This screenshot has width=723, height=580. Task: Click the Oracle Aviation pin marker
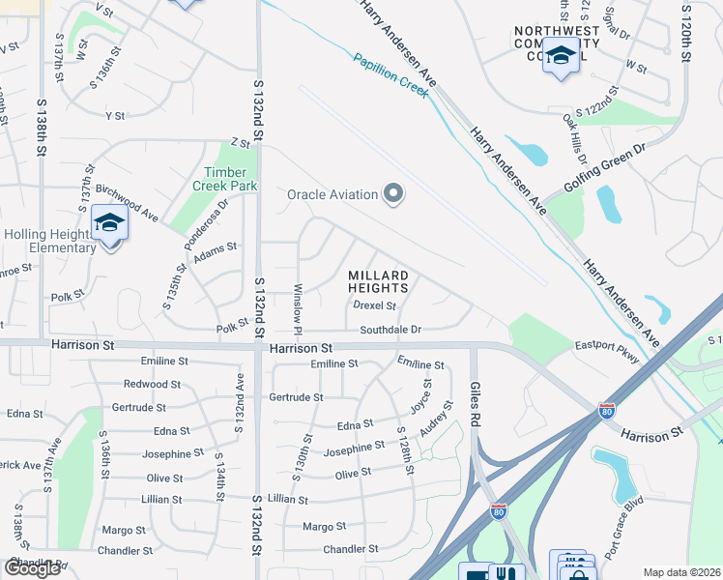tap(392, 194)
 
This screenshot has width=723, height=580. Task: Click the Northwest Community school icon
tap(561, 57)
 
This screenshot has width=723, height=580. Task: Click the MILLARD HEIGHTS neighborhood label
tap(379, 281)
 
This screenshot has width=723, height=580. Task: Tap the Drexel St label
tap(374, 305)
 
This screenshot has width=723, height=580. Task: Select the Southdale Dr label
tap(390, 330)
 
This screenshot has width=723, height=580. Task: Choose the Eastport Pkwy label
tap(607, 351)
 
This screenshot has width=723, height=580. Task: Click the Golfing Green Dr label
tap(605, 167)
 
